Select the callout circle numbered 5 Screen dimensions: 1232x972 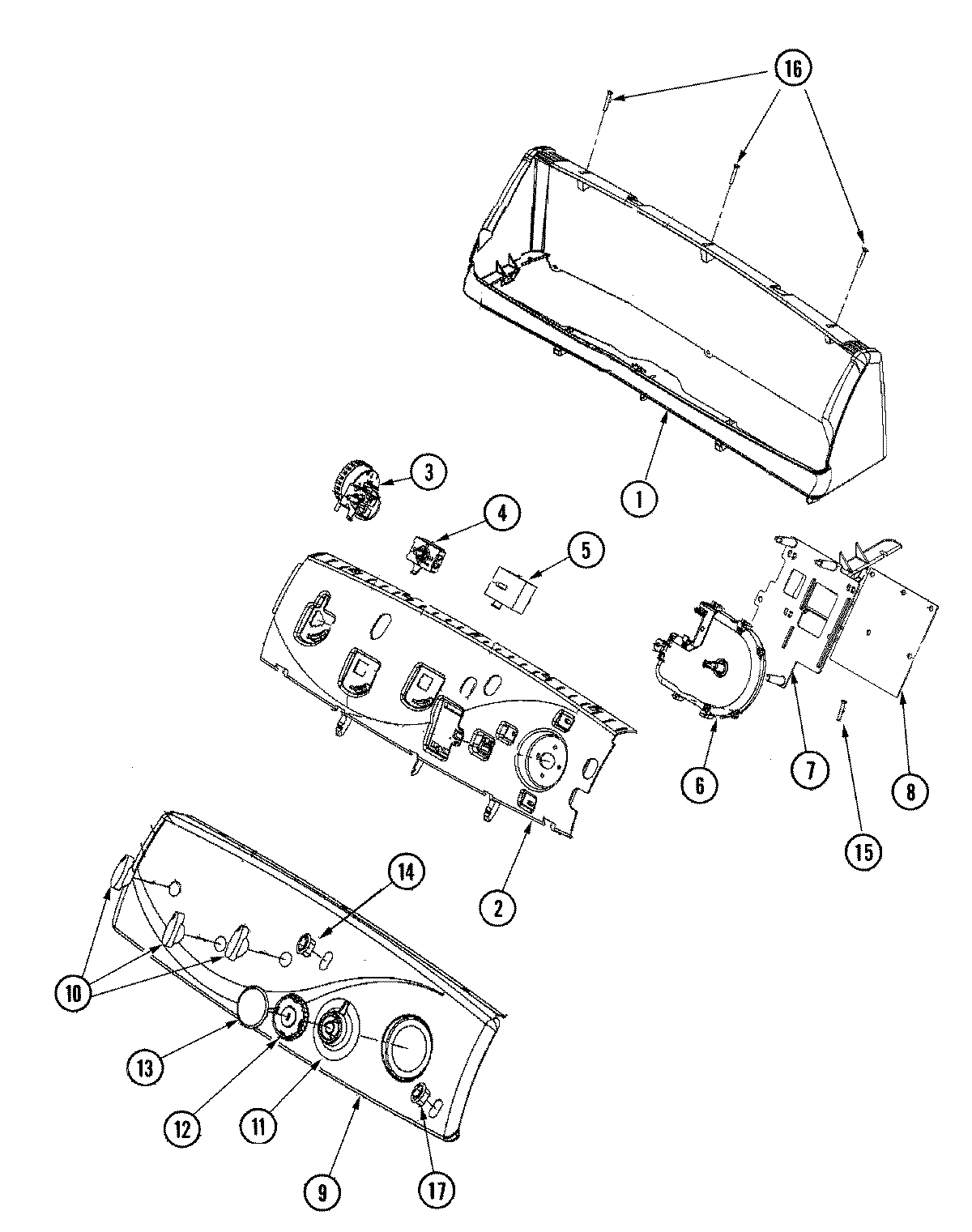click(585, 552)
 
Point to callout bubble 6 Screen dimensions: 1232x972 click(699, 783)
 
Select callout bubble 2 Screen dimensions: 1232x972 click(499, 908)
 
